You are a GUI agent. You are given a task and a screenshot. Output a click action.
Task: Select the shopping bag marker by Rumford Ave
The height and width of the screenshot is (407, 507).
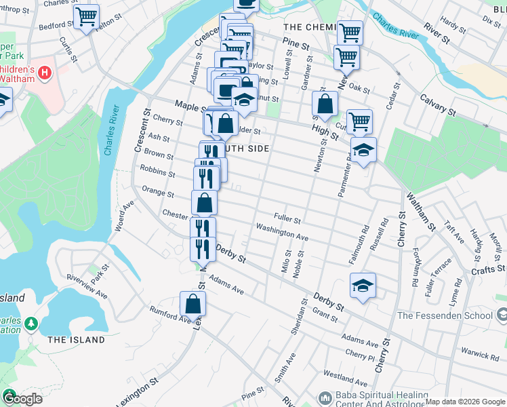tap(192, 304)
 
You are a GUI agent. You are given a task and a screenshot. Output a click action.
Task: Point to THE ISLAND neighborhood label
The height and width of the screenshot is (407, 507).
tap(77, 340)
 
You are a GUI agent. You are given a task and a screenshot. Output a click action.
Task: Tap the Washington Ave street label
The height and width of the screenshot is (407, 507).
tap(281, 232)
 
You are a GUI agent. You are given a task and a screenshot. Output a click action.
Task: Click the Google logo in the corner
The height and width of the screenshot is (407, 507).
tap(22, 398)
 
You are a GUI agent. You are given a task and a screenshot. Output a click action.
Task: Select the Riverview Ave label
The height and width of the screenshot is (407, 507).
tap(87, 286)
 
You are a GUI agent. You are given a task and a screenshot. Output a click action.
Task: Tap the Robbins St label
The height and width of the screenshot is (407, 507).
tap(157, 170)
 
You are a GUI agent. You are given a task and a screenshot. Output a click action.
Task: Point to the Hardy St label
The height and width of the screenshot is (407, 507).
tap(449, 22)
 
